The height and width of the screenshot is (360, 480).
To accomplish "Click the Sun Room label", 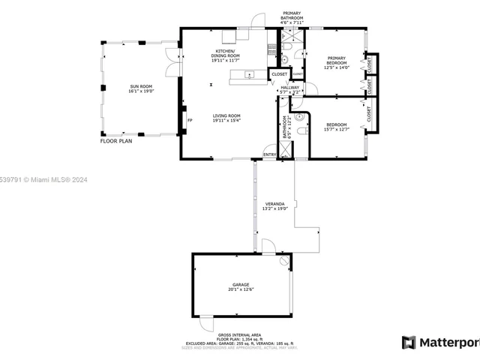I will (141, 87).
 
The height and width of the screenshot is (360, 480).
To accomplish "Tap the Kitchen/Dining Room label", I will (224, 54).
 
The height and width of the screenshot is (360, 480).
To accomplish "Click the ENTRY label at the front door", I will (268, 154).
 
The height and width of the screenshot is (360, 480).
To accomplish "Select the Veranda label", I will (274, 203).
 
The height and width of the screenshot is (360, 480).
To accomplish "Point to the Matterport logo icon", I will (409, 343).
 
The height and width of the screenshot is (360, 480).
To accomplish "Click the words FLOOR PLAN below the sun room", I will (116, 140).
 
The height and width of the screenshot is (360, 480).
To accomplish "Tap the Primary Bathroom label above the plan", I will (292, 16).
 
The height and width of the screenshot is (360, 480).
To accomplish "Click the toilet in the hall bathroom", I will (301, 130).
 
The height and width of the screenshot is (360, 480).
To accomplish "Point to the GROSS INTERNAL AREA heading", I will (239, 334).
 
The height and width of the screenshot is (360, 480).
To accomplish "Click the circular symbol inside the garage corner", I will (283, 261).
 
